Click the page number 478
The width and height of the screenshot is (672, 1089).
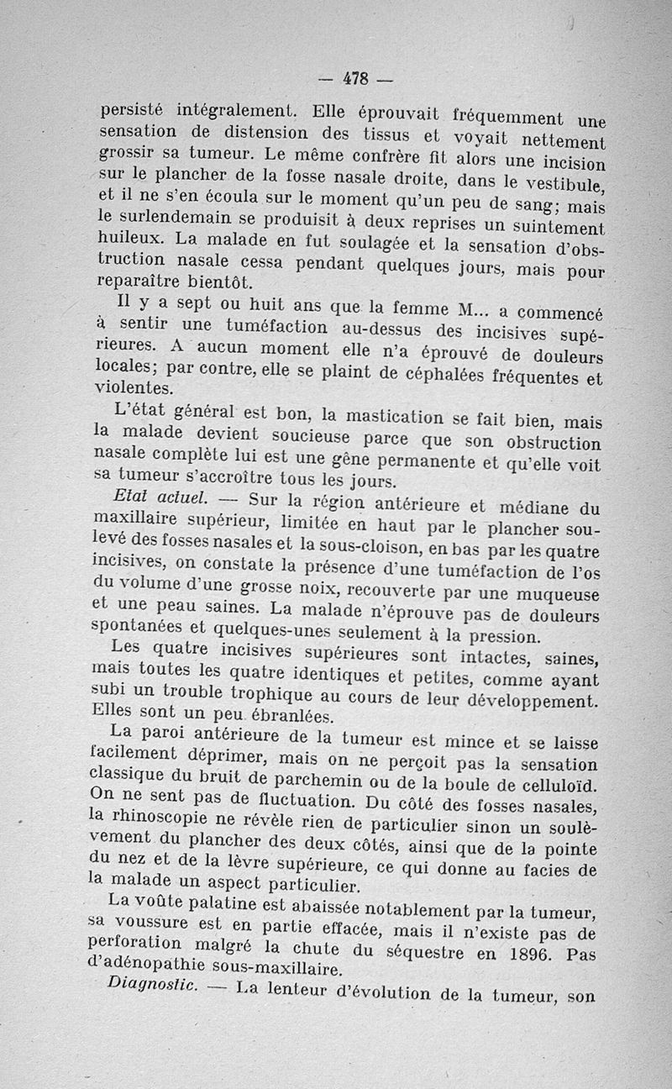(356, 79)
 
